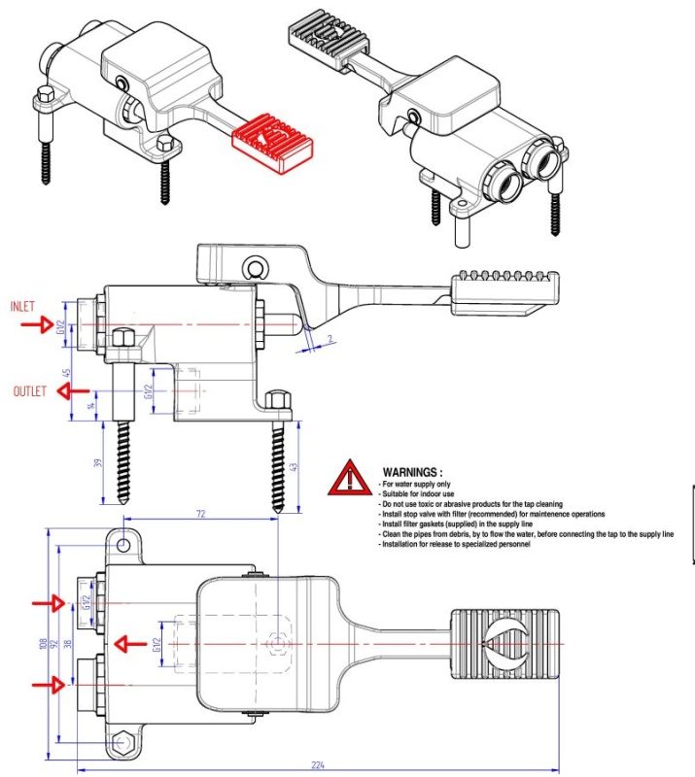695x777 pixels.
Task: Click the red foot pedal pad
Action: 272,144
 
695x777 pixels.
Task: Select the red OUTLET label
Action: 32,391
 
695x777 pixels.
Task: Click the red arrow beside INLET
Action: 38,325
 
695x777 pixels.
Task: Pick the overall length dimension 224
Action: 317,765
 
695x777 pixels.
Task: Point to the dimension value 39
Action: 97,463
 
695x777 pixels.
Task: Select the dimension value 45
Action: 66,372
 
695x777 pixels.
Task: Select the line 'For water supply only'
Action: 418,483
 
